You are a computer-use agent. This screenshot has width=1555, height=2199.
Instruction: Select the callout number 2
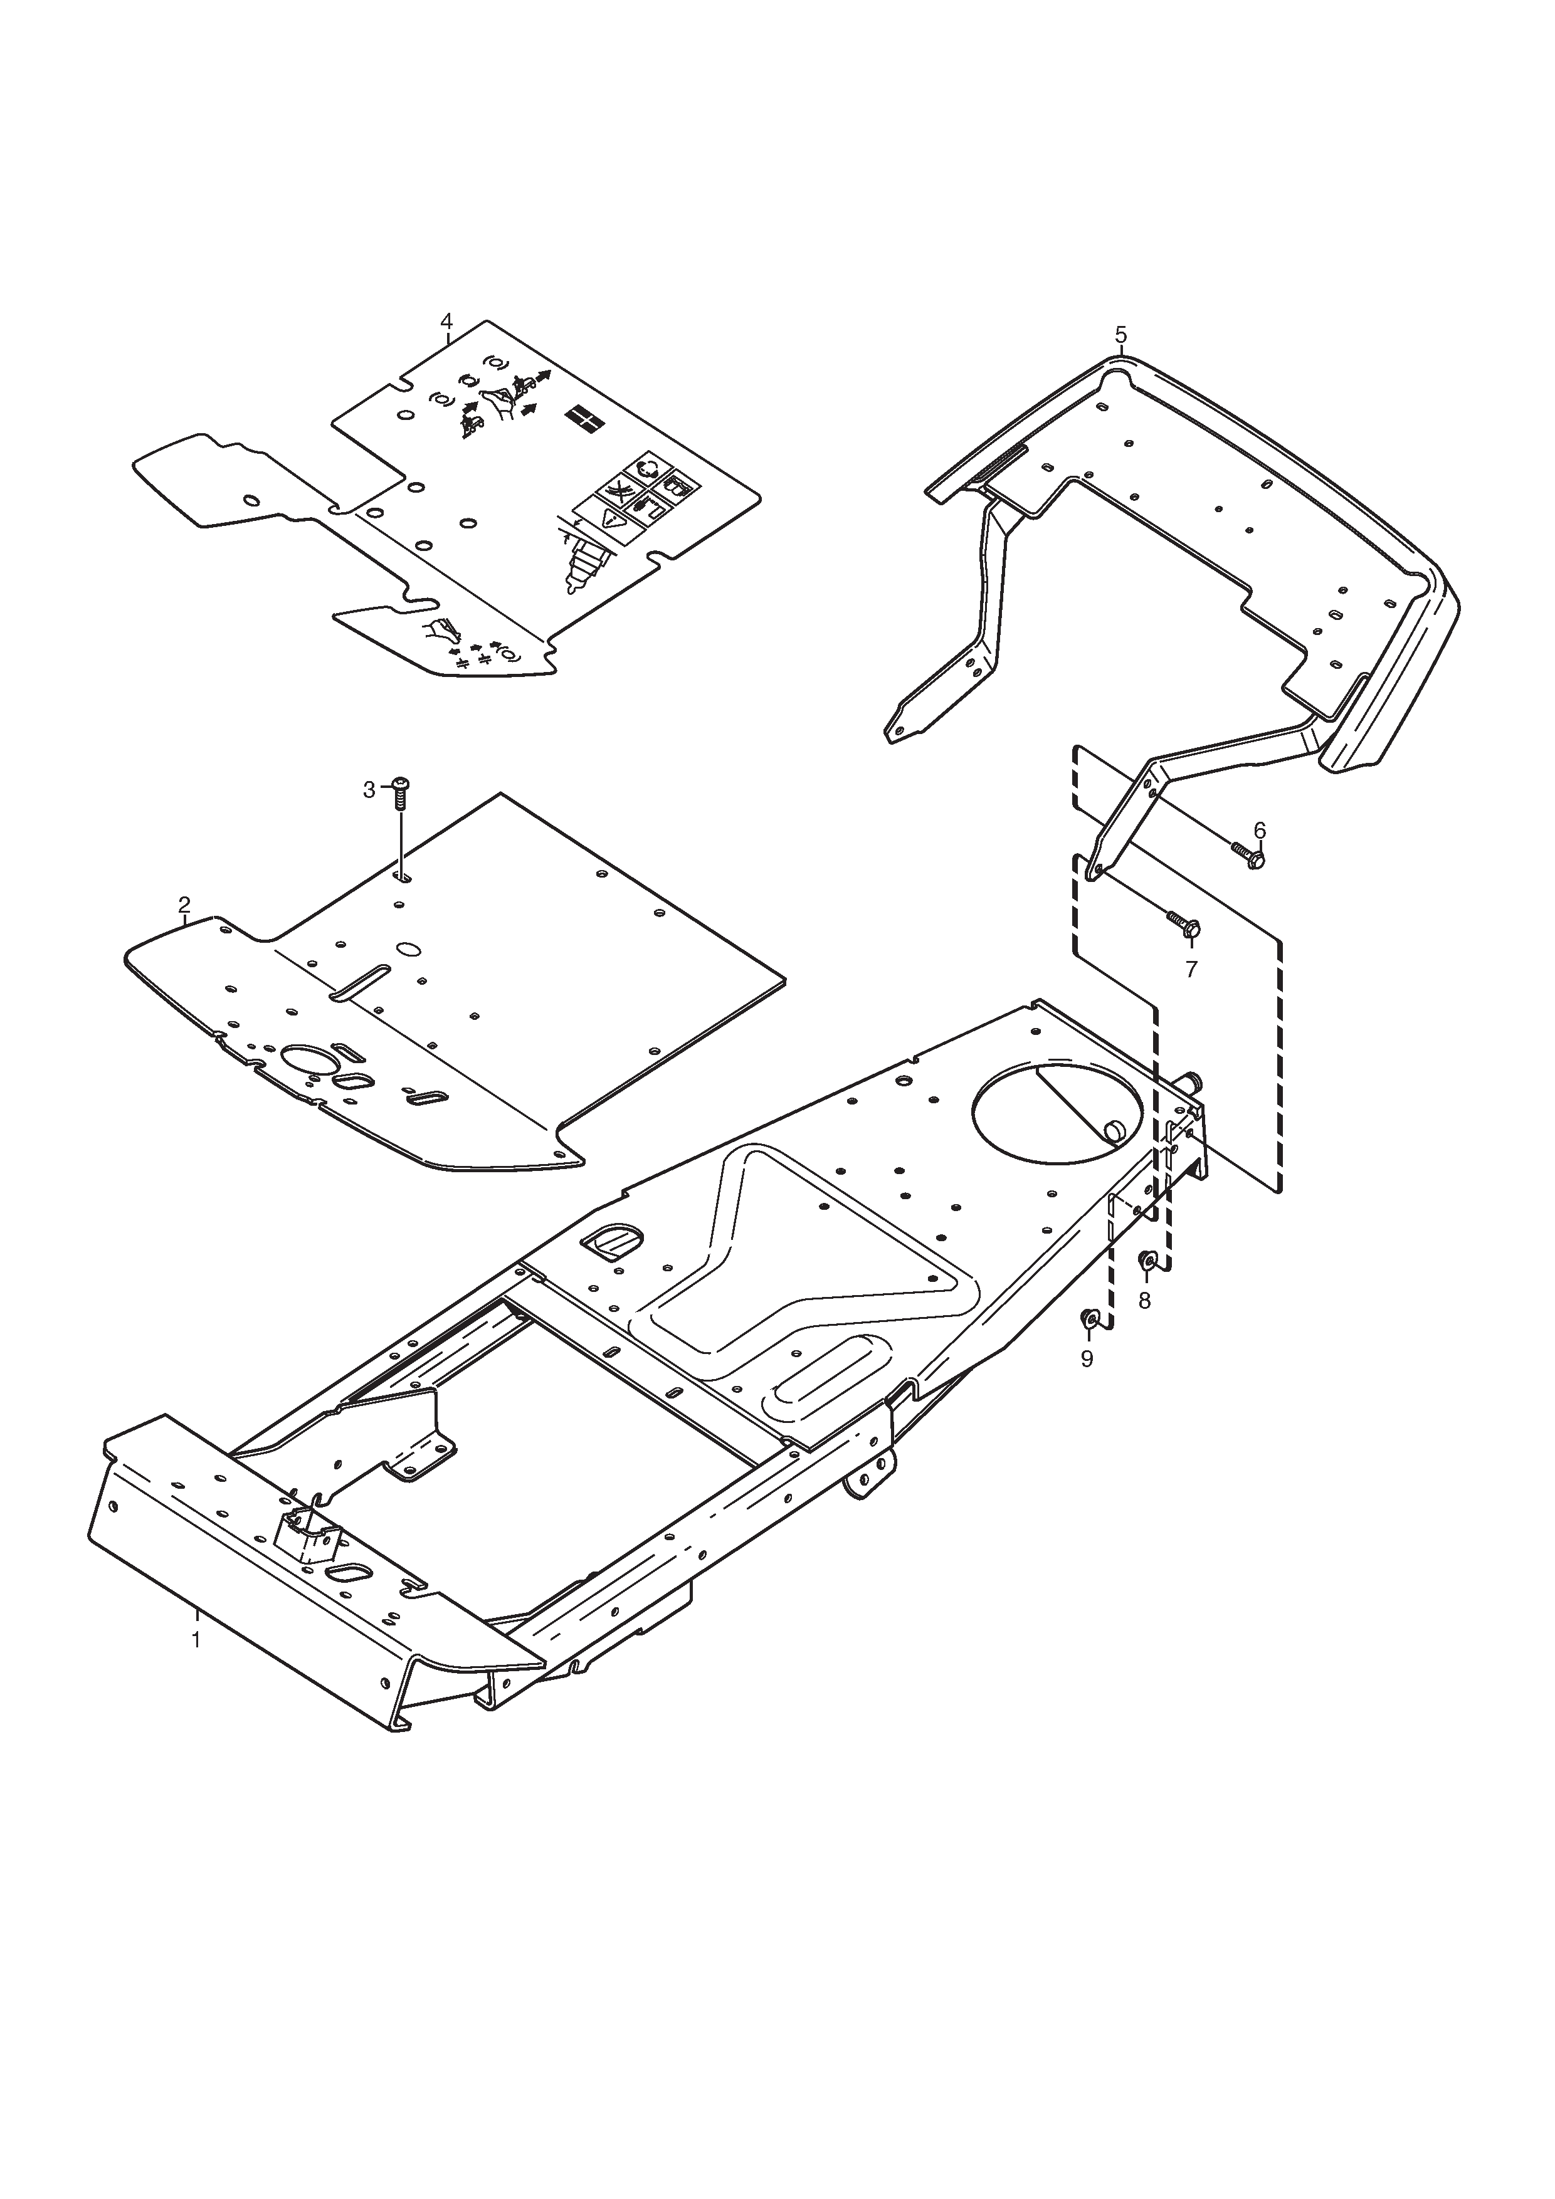tap(184, 904)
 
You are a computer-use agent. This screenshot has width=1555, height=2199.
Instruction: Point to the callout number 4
tap(446, 320)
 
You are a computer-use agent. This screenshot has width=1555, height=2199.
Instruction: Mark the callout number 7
tap(1191, 969)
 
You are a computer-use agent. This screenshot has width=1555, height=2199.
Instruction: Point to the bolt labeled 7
tap(1183, 924)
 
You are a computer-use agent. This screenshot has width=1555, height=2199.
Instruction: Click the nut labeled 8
tap(1147, 1261)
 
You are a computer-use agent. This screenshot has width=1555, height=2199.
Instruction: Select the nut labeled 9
tap(1089, 1321)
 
